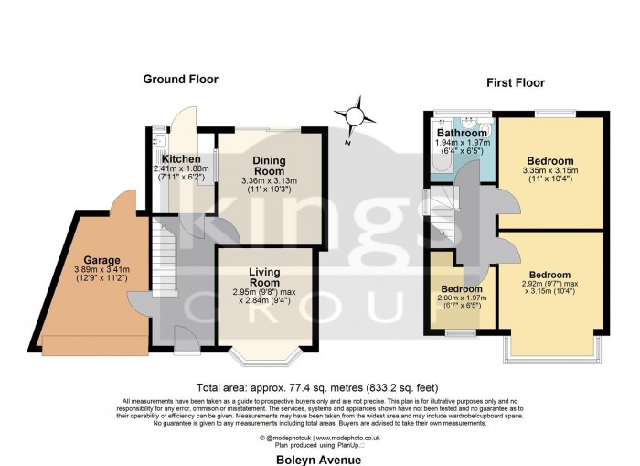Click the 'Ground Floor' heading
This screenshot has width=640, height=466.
click(180, 80)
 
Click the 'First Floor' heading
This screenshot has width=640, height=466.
click(515, 83)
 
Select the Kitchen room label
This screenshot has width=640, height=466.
click(181, 159)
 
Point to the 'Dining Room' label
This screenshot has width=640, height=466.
click(269, 166)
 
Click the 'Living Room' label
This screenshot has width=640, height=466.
click(264, 277)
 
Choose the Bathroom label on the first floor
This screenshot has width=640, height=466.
click(461, 133)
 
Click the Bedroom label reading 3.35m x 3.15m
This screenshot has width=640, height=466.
click(549, 161)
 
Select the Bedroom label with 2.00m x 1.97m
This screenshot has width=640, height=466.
click(463, 289)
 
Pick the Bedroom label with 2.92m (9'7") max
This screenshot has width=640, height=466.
click(549, 275)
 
